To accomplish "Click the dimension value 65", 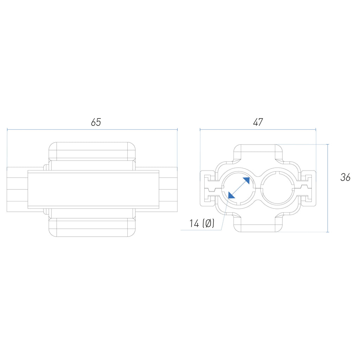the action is (96, 122).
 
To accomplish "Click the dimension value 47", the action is (258, 122).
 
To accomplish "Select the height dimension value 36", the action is (345, 177).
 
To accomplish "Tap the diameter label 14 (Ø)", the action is (202, 223).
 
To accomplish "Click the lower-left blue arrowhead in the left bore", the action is (231, 195).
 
